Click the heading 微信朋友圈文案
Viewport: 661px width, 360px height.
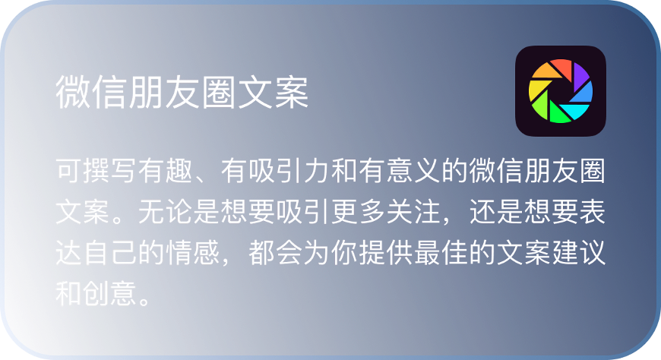click(x=182, y=93)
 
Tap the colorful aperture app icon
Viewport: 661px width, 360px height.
click(x=561, y=91)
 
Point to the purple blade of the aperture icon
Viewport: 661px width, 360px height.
click(x=578, y=74)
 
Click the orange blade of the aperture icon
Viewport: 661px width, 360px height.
click(x=539, y=76)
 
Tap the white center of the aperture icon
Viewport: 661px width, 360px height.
click(x=561, y=92)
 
